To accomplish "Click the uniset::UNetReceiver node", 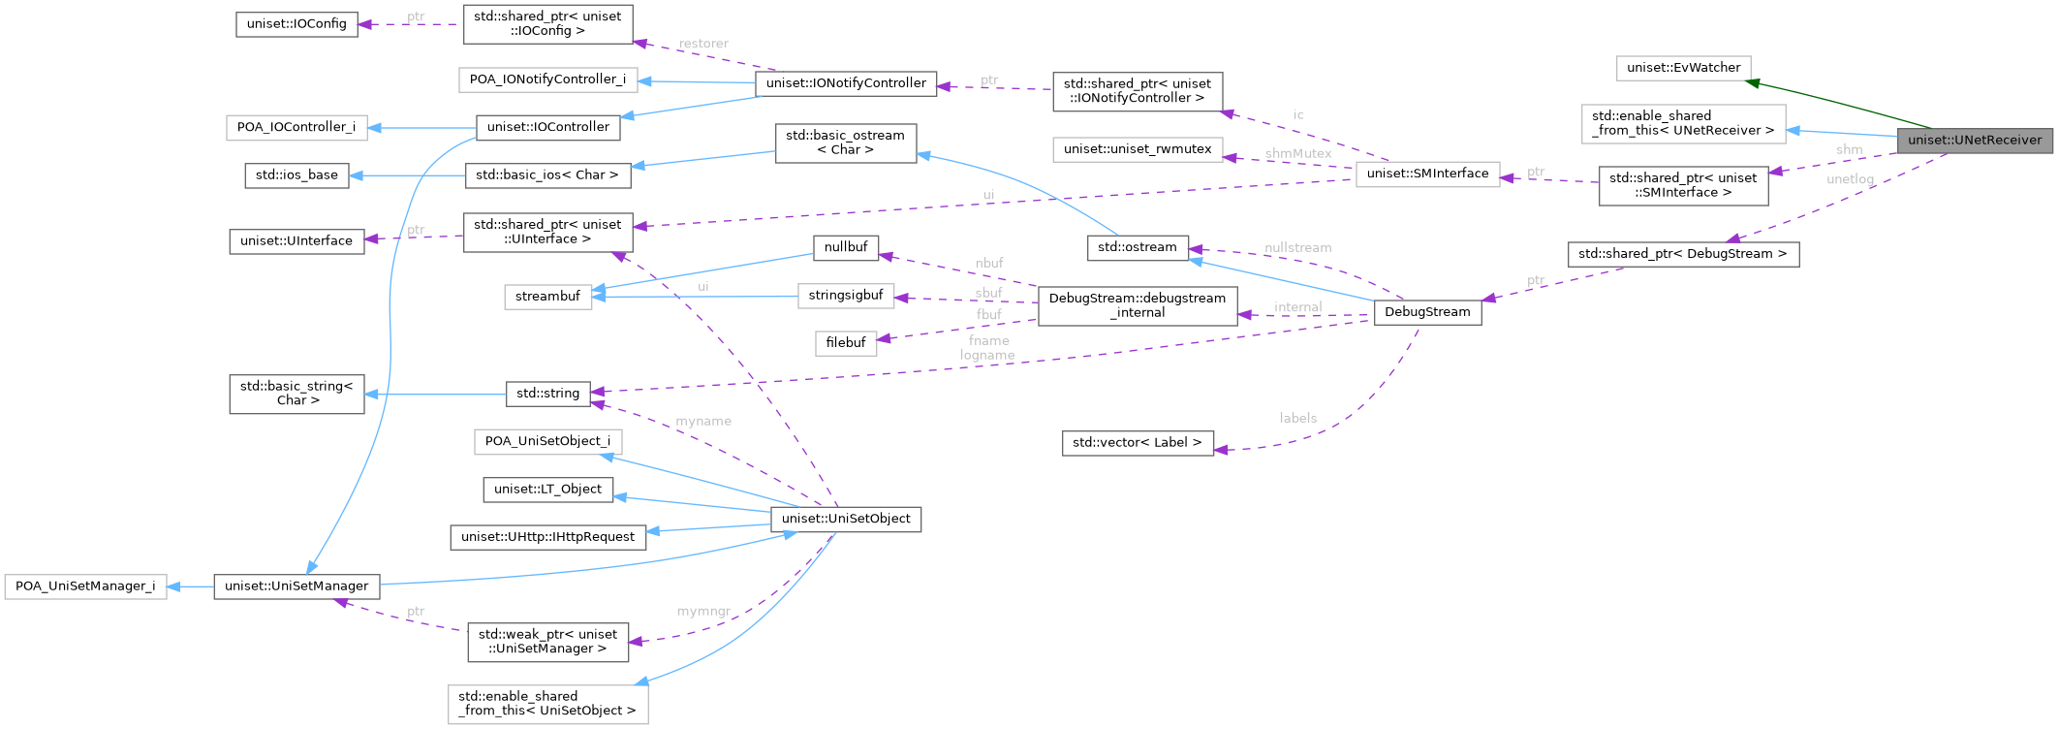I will click(x=1974, y=141).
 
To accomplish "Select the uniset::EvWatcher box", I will click(x=1683, y=68).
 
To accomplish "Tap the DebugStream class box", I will click(x=1426, y=312).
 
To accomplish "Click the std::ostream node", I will click(x=1137, y=248).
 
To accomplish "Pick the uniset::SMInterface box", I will click(x=1426, y=174).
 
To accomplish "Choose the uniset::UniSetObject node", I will click(x=845, y=519).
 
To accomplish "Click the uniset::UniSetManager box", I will click(x=296, y=586).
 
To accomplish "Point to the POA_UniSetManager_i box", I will click(x=85, y=586).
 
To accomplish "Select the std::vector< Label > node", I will click(x=1137, y=443).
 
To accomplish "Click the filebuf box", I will click(x=845, y=343).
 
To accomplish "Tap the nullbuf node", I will click(x=845, y=248).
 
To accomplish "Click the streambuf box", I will click(x=547, y=297).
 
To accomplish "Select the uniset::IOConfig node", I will click(x=296, y=24).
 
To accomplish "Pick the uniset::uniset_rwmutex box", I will click(x=1137, y=149).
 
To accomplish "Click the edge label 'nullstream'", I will click(x=1297, y=248).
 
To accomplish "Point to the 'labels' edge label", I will click(x=1297, y=418).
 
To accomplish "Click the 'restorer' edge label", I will click(x=703, y=44).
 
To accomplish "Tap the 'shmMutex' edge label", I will click(x=1297, y=153).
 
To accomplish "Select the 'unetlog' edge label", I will click(x=1849, y=179).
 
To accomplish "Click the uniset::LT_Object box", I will click(x=547, y=490).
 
